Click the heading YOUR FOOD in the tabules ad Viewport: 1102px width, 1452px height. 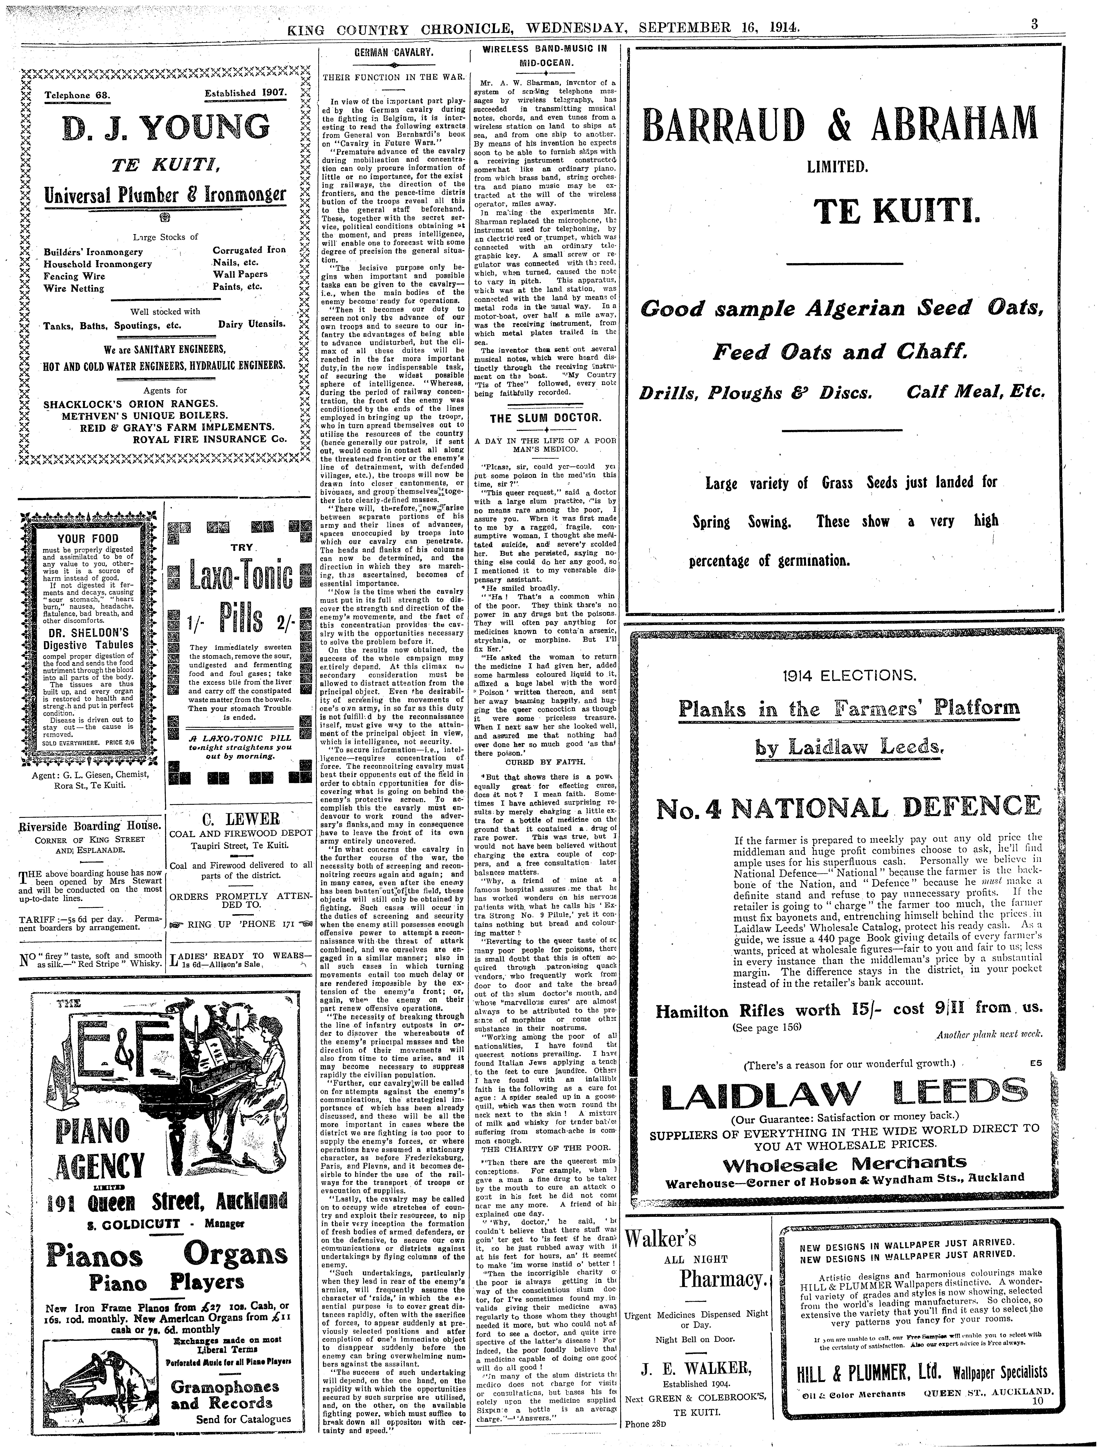88,539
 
